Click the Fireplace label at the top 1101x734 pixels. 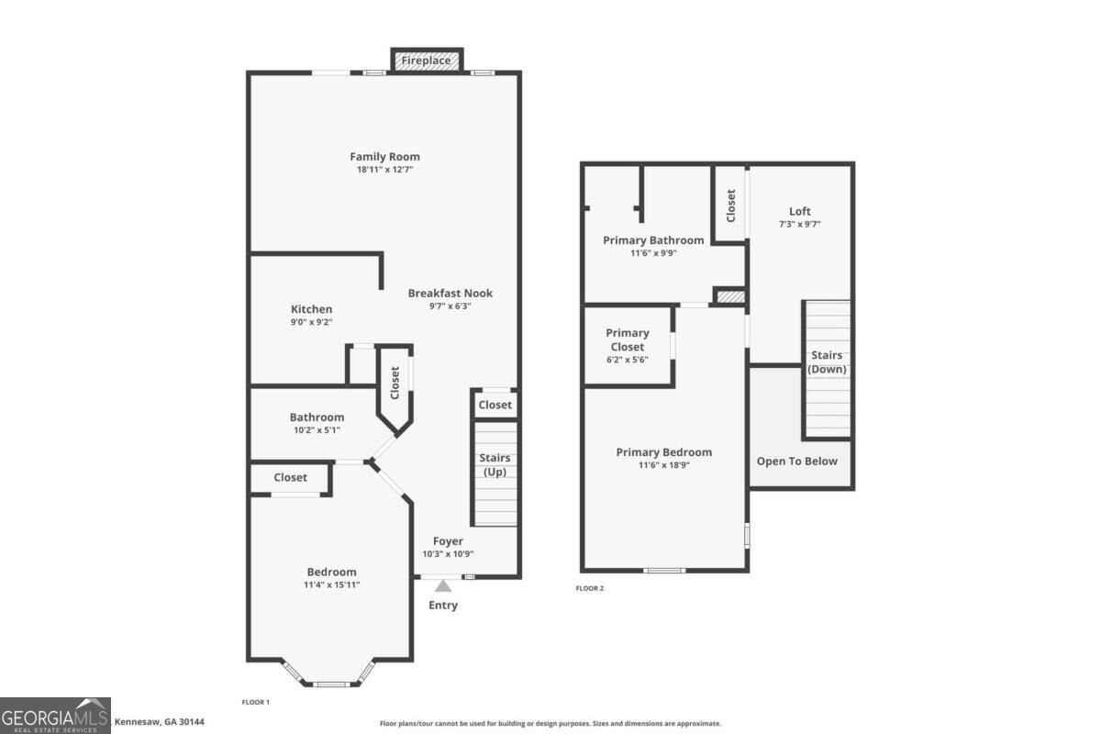(426, 61)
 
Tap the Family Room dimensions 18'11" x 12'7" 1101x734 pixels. (384, 170)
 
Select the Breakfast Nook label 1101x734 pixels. (450, 293)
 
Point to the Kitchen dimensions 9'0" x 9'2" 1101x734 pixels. (312, 322)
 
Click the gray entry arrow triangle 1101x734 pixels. (443, 586)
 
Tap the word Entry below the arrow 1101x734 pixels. (443, 606)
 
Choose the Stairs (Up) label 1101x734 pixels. (495, 464)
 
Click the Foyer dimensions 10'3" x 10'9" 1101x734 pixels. (448, 554)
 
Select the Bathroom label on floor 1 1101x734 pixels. (317, 417)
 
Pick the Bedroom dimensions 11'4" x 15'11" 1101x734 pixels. (332, 585)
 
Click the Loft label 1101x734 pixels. (800, 211)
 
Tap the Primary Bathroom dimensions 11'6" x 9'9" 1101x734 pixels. (653, 253)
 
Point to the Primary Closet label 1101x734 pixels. (628, 339)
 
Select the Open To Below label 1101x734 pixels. (796, 462)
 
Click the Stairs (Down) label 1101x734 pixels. (827, 361)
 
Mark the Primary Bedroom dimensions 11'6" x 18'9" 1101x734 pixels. (664, 465)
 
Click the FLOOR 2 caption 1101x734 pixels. (589, 588)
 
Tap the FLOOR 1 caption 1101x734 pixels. (256, 702)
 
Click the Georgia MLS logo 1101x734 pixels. (55, 716)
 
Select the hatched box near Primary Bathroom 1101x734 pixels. (731, 297)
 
